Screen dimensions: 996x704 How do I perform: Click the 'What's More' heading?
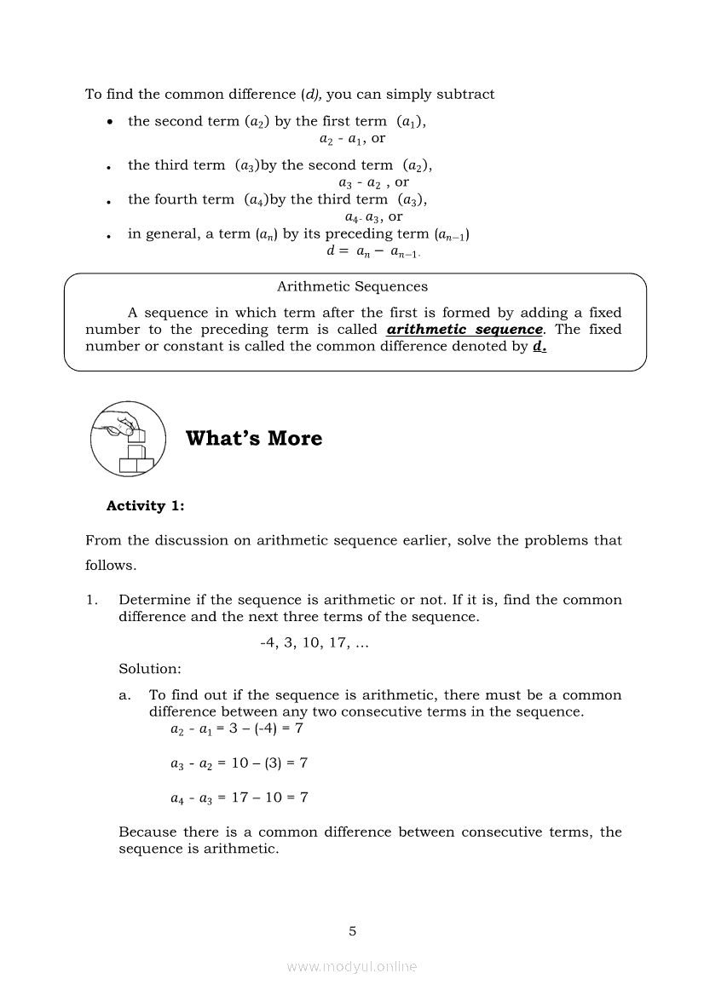[x=254, y=439]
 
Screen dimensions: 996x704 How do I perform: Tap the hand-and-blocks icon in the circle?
[x=127, y=440]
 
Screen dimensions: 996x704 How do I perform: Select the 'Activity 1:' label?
[x=145, y=506]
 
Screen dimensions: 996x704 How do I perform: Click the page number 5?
[x=352, y=931]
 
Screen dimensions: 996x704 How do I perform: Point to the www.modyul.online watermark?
[x=352, y=967]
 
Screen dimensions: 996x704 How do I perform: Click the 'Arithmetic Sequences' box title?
[x=352, y=287]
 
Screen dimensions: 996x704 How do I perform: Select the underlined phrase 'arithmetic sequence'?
[x=465, y=330]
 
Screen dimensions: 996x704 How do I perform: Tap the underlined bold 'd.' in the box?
[x=539, y=347]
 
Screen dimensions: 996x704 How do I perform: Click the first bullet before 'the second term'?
[x=110, y=123]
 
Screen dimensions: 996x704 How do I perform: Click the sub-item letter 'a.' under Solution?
[x=125, y=695]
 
